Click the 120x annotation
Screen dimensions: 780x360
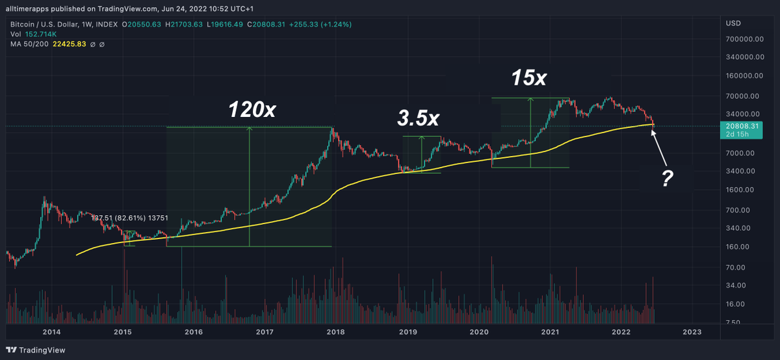252,109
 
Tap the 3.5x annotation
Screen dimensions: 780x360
418,118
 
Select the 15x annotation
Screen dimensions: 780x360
529,77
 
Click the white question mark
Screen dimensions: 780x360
667,178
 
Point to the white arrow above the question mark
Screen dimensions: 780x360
659,148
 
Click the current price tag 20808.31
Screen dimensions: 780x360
741,130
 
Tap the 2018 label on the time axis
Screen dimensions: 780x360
335,332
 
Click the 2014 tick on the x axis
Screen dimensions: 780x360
51,332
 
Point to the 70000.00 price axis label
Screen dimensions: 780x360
742,96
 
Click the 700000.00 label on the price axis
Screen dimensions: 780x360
744,39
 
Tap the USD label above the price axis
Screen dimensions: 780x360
733,23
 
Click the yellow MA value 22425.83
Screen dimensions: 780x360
70,44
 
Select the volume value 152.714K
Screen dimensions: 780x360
41,34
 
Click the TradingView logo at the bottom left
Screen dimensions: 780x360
36,350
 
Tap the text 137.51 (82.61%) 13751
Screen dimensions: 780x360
129,218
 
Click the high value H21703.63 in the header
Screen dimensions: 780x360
183,25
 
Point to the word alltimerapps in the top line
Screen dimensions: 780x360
27,8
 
